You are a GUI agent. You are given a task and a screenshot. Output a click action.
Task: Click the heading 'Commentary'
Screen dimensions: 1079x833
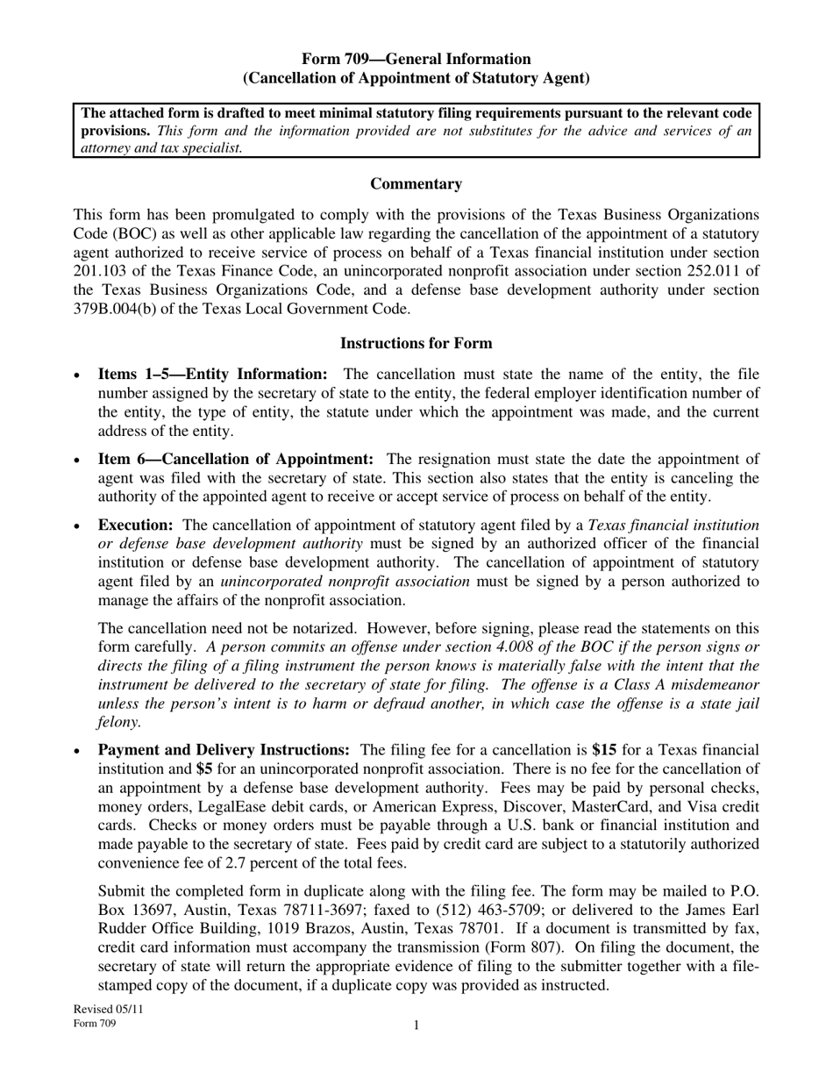coord(416,184)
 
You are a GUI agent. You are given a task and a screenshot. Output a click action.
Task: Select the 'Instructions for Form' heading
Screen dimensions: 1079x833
coord(416,343)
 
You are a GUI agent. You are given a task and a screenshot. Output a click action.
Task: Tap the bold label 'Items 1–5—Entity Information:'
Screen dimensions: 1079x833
coord(213,375)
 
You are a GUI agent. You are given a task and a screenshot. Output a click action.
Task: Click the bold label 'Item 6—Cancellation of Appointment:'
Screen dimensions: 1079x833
coord(236,460)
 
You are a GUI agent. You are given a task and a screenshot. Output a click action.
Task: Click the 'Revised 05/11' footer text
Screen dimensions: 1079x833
coord(108,1010)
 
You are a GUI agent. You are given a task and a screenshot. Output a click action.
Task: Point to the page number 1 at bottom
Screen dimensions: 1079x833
coord(416,1025)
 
